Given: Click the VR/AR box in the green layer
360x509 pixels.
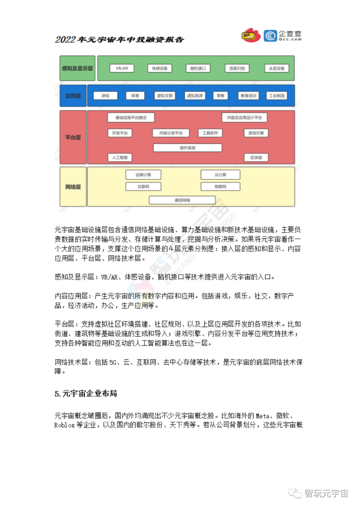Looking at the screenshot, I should click(122, 68).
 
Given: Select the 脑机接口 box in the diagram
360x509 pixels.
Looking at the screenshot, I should click(198, 68).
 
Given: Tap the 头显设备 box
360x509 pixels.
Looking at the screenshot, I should click(277, 68).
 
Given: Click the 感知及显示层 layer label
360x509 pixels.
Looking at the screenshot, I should click(77, 68).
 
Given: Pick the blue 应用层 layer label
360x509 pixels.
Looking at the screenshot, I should click(73, 96).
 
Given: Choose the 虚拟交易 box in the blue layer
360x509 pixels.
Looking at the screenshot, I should click(165, 96).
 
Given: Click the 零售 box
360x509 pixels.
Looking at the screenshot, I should click(220, 96).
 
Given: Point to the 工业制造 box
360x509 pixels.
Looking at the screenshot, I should click(277, 96).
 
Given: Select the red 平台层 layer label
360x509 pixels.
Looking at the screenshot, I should click(73, 137).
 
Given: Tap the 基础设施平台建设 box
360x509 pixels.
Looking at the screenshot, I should click(131, 118).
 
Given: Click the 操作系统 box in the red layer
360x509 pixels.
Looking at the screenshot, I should click(187, 148).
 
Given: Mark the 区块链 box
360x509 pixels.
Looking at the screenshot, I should click(256, 158).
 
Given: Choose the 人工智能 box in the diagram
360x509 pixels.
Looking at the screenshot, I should click(120, 158).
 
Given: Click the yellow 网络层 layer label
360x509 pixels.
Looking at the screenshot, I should click(73, 187).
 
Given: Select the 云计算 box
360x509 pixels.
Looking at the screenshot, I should click(220, 175).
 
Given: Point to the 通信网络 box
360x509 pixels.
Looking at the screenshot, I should click(182, 200).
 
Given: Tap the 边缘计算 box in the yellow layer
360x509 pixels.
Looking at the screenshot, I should click(143, 175).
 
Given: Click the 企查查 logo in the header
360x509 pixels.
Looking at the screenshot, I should click(283, 35).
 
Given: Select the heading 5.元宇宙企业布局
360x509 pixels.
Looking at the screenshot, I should click(86, 393).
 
